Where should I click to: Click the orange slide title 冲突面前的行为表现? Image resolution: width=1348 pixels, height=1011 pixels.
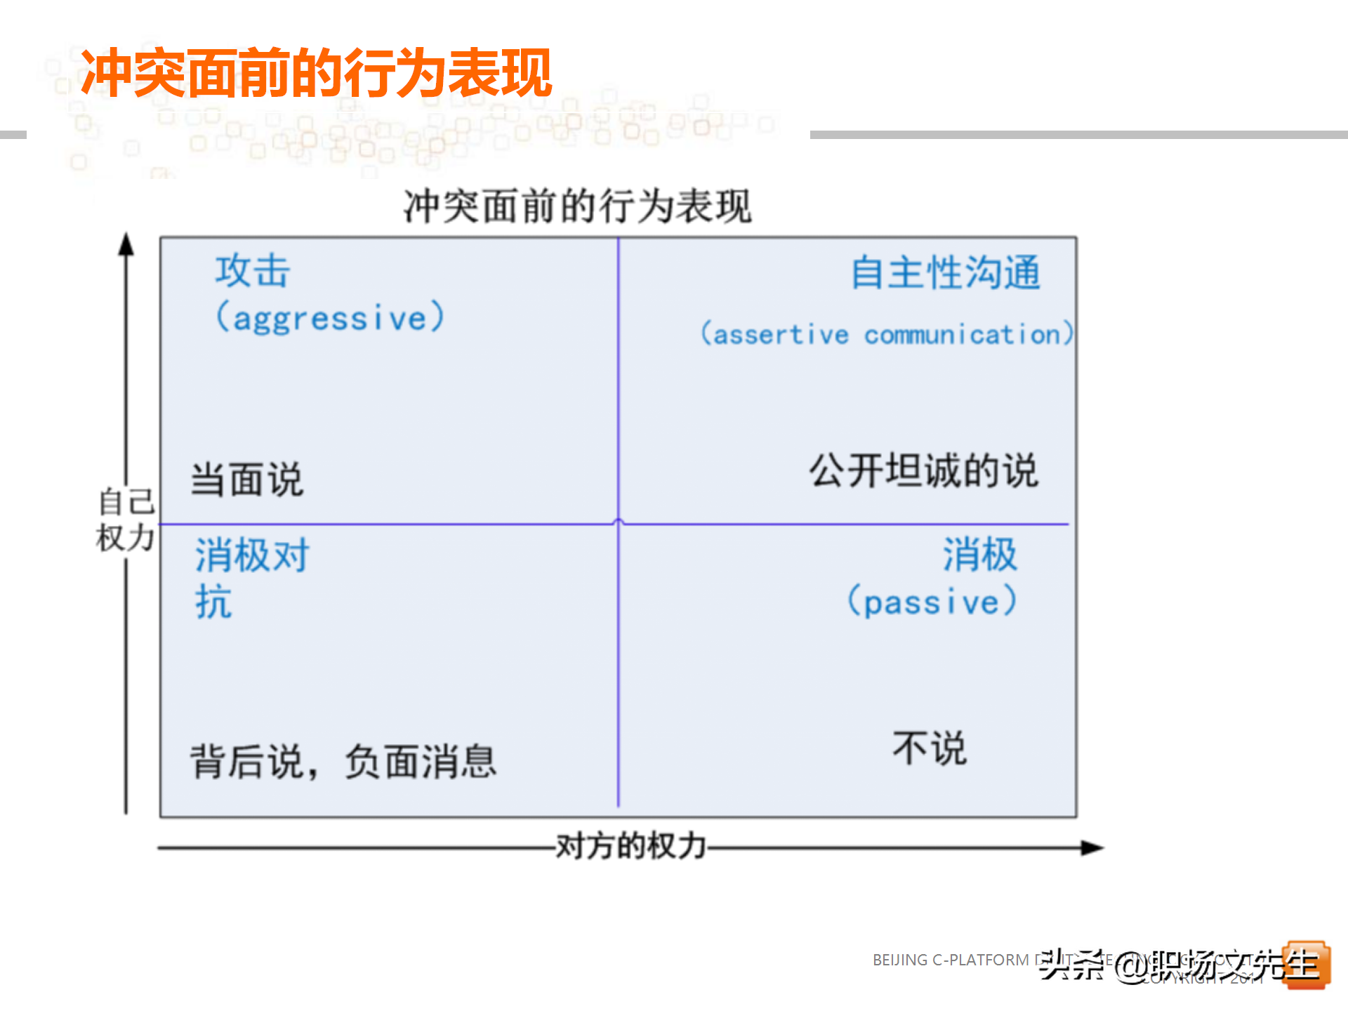click(316, 72)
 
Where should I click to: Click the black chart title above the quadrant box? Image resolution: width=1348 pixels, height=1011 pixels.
click(577, 206)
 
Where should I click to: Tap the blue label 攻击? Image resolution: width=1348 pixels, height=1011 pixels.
click(253, 271)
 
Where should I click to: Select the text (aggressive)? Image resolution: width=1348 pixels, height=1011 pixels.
click(330, 317)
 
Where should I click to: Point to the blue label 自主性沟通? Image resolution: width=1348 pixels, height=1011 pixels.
click(945, 272)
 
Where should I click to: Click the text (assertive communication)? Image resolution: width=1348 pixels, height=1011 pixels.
click(887, 333)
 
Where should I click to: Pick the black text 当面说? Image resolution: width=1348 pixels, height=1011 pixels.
click(247, 480)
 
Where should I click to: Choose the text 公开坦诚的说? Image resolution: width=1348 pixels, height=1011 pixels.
click(923, 470)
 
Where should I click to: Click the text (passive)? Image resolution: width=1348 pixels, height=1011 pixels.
click(932, 602)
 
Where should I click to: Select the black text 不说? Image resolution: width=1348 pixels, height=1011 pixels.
click(930, 748)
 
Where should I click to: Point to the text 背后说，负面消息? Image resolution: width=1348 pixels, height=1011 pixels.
click(343, 762)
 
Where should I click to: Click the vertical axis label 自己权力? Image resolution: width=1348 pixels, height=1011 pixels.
click(126, 520)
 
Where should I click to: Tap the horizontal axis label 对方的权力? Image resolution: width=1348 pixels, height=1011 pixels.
click(630, 846)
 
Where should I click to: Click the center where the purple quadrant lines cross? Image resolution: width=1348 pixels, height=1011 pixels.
click(619, 524)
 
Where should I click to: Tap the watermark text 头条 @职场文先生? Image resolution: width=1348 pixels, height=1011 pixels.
click(1179, 965)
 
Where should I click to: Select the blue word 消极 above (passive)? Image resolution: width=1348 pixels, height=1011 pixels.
click(979, 555)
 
